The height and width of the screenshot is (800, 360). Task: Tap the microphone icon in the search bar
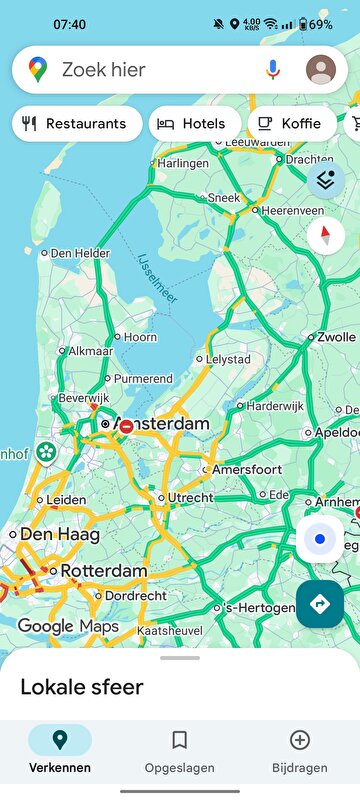point(273,69)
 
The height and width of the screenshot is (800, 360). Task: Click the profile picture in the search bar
point(321,69)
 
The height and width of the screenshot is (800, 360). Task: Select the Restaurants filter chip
point(77,123)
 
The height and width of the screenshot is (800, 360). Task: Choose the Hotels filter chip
point(194,123)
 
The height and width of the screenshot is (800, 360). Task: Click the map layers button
point(324,180)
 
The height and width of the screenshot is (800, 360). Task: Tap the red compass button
point(325,236)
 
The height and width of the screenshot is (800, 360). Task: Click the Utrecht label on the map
point(189,497)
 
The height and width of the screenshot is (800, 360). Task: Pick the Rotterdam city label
point(103,571)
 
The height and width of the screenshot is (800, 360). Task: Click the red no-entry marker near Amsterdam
point(126,426)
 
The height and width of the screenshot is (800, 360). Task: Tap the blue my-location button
point(320,539)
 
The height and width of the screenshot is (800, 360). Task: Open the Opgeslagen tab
point(180,751)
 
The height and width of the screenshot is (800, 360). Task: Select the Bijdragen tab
point(299,751)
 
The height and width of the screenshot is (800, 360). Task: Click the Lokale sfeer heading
point(82,687)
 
